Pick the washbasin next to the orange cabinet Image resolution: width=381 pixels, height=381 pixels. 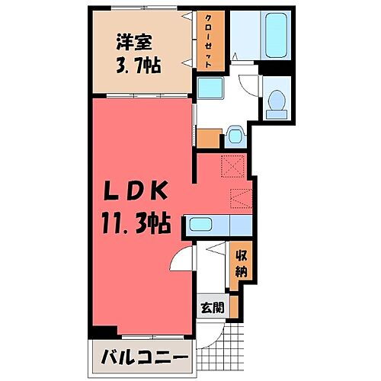(x=234, y=136)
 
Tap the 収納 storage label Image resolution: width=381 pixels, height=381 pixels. (x=240, y=262)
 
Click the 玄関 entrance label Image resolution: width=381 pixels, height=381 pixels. (x=213, y=309)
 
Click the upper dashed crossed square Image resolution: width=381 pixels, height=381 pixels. (x=233, y=164)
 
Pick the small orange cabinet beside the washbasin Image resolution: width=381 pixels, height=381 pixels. (x=208, y=138)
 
